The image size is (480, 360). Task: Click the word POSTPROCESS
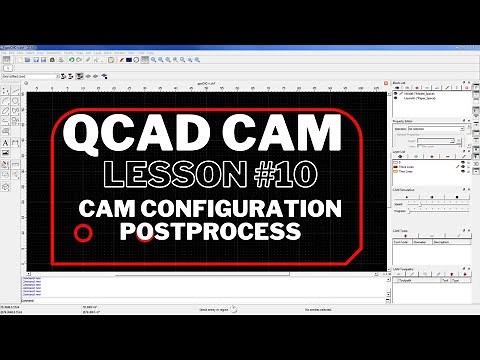(209, 231)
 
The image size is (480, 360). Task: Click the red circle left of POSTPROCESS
(84, 233)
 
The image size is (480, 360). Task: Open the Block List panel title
(400, 84)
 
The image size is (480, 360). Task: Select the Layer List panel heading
(400, 152)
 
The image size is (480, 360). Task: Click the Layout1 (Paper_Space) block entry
(419, 97)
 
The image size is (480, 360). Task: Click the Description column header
(440, 241)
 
